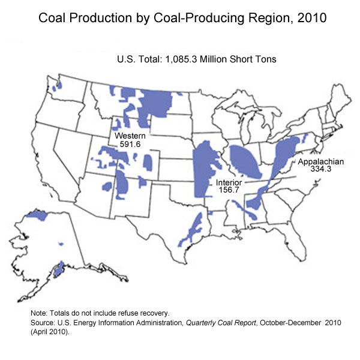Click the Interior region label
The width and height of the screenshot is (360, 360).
click(229, 181)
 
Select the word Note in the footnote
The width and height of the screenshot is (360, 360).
click(38, 313)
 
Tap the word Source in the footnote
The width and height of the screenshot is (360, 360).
click(43, 322)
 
